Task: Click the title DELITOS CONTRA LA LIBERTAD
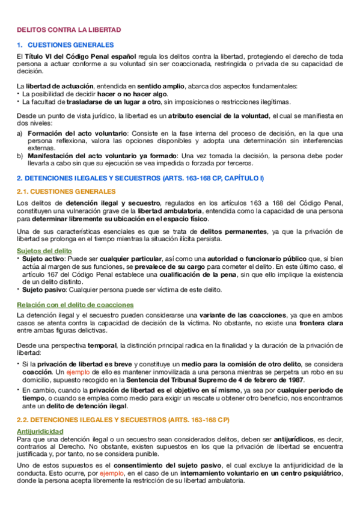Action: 69,29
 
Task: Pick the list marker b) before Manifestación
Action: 20,156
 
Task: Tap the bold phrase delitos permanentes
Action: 226,232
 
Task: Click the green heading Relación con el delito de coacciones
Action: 75,305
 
